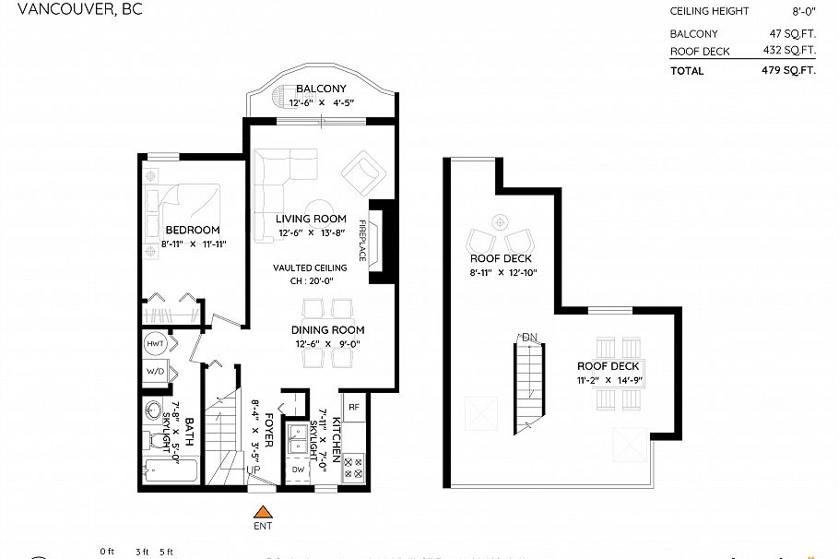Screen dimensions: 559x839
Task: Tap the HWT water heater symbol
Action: (155, 343)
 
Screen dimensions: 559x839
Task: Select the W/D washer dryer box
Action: (155, 372)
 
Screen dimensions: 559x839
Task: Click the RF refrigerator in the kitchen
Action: (353, 405)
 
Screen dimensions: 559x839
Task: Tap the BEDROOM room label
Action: (193, 230)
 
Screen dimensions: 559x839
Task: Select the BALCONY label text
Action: (321, 89)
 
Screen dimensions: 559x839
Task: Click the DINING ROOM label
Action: (327, 330)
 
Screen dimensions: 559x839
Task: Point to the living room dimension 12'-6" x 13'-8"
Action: (311, 232)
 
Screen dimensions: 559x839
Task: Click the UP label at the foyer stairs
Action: (251, 470)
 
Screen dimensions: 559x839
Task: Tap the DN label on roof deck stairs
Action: (529, 337)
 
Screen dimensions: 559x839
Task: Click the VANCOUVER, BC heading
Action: (54, 10)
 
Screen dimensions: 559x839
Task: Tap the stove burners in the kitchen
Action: (353, 468)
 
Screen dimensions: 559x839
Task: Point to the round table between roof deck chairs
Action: (500, 221)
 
